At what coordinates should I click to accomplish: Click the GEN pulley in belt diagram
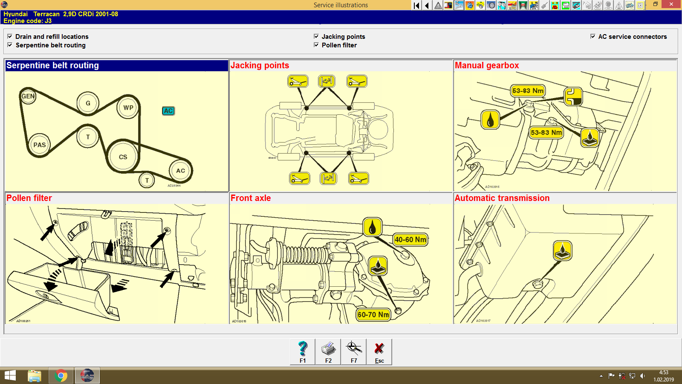(x=28, y=96)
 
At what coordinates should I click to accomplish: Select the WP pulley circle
(x=128, y=108)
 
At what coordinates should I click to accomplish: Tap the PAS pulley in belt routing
(x=39, y=145)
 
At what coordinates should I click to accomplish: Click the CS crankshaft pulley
(x=123, y=157)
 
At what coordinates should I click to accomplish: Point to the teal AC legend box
(x=168, y=111)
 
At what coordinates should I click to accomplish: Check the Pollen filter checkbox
(x=316, y=45)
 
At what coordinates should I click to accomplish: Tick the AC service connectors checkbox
(x=593, y=36)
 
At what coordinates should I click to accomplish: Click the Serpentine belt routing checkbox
(x=10, y=45)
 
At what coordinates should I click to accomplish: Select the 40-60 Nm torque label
(x=410, y=240)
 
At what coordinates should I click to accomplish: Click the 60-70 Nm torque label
(x=373, y=315)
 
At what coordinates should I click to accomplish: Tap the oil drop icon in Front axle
(x=372, y=227)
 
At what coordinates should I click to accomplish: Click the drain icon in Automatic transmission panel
(x=562, y=250)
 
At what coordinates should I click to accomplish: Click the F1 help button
(x=303, y=352)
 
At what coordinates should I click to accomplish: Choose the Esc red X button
(x=379, y=352)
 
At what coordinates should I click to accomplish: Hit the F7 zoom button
(x=354, y=352)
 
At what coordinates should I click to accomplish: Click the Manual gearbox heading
(x=487, y=66)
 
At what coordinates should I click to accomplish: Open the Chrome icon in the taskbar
(x=61, y=376)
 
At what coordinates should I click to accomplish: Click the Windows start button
(x=10, y=376)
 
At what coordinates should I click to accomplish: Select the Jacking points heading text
(x=260, y=66)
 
